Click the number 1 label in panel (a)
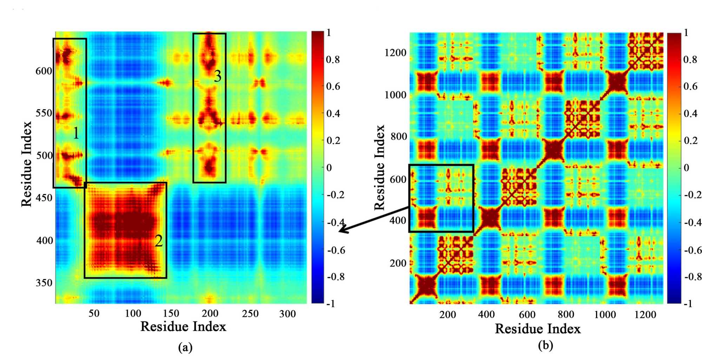[x=76, y=133]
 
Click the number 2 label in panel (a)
[x=159, y=241]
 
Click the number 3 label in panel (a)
[x=218, y=76]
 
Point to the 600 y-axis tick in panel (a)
[x=44, y=71]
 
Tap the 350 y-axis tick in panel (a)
[x=44, y=282]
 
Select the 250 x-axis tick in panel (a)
[x=250, y=314]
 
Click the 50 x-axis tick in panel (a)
[x=94, y=314]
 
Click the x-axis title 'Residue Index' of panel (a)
[x=183, y=327]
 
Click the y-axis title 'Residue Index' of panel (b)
[x=379, y=167]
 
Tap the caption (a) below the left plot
[x=185, y=347]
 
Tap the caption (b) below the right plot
[x=545, y=346]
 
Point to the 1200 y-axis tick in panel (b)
[x=395, y=53]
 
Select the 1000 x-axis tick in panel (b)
[x=604, y=314]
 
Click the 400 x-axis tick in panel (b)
[x=486, y=314]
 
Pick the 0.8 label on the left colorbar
[x=333, y=59]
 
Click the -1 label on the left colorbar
[x=331, y=304]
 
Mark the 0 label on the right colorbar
[x=686, y=168]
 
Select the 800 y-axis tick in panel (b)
[x=399, y=136]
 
